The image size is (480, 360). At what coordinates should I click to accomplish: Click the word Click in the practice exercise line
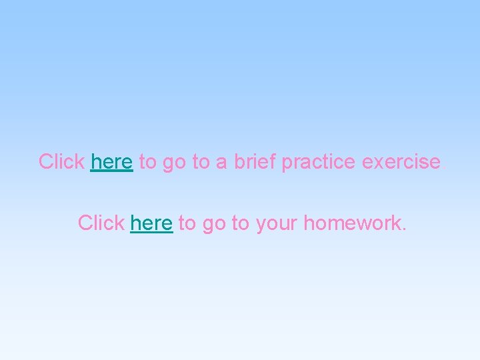coord(61,162)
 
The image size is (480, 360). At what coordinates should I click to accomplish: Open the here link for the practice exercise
coord(112,162)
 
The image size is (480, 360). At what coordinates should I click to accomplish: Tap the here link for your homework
coord(152,223)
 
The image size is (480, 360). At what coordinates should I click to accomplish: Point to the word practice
coord(318,162)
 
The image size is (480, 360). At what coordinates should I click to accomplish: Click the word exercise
coord(401,162)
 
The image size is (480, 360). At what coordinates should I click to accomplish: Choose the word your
coord(277,223)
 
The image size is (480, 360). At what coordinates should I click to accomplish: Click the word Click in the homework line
coord(101,223)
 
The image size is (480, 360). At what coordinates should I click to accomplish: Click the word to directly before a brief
coord(201,162)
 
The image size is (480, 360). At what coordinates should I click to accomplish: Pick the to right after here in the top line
coord(147,162)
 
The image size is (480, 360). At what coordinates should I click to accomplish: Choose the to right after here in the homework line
coord(187,223)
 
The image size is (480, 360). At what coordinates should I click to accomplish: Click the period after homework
coord(403,229)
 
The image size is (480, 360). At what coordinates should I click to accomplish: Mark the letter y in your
coord(259,225)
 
